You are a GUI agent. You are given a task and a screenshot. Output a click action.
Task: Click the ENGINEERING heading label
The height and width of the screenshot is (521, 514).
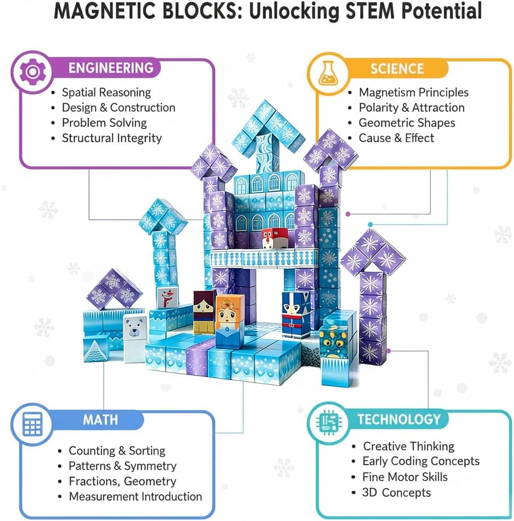(111, 68)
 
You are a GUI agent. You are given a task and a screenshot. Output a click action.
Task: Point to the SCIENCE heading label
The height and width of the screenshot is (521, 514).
(397, 69)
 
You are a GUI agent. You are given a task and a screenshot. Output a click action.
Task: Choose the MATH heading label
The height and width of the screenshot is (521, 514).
(100, 419)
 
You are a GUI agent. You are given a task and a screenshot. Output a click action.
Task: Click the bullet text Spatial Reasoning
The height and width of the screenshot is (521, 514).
(106, 92)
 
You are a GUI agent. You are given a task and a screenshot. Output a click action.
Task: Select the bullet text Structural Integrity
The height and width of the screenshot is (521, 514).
(111, 138)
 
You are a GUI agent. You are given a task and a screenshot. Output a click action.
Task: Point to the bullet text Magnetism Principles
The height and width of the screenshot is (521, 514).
(413, 92)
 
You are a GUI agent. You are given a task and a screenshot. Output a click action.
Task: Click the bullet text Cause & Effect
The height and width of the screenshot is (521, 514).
(396, 138)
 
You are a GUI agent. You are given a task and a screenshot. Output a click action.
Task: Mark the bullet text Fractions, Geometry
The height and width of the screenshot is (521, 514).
(122, 481)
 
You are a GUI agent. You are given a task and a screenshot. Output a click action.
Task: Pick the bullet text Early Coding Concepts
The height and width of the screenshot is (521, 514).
(421, 461)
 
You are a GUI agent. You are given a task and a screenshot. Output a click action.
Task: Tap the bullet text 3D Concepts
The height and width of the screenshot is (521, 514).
(397, 492)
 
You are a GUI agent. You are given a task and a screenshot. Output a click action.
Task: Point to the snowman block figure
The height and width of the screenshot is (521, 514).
(167, 298)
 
